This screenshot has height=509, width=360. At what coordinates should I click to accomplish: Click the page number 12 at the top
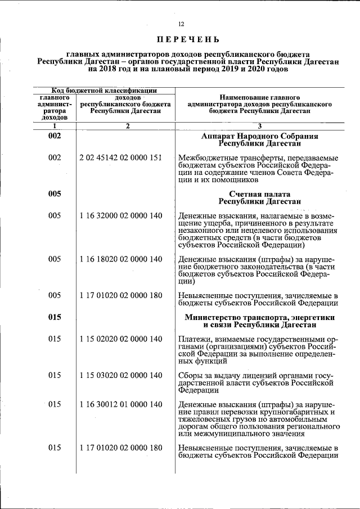click(x=181, y=24)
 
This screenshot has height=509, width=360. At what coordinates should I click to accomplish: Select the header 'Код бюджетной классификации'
click(x=105, y=90)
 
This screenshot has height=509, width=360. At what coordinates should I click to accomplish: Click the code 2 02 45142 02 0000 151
click(x=121, y=158)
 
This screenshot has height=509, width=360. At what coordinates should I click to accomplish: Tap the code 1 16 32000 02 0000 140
click(x=121, y=215)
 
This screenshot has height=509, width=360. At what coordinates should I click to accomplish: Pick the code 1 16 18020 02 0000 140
click(x=121, y=259)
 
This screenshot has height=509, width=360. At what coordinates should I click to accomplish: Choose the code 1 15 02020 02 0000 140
click(x=121, y=339)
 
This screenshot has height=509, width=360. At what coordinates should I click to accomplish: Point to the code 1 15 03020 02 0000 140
click(x=121, y=375)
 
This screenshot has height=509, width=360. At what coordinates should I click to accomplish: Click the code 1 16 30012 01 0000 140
click(x=121, y=404)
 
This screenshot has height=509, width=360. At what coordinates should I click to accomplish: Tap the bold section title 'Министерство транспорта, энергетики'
click(x=259, y=317)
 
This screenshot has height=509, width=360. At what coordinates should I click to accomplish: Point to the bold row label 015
click(x=55, y=317)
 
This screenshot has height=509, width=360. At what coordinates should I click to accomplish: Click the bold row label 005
click(x=55, y=194)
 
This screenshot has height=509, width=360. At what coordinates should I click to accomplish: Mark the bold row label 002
click(x=55, y=136)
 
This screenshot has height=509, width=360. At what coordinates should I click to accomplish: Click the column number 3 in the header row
click(x=259, y=126)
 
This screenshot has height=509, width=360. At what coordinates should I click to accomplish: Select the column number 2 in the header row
click(x=128, y=126)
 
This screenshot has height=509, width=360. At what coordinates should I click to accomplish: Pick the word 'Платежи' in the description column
click(x=193, y=339)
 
